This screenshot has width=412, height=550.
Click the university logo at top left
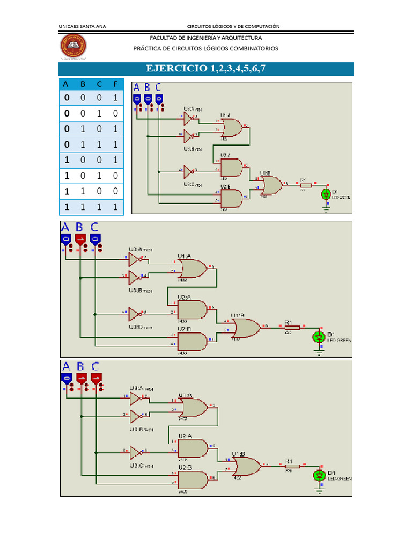75,47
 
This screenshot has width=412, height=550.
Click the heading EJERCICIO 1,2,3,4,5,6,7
205,69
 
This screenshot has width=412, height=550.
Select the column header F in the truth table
115,84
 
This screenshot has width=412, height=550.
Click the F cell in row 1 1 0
115,191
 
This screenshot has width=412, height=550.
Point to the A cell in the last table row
67,207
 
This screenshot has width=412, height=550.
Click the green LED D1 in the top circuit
325,194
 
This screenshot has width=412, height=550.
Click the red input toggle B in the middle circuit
80,240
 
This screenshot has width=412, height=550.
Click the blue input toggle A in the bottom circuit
66,378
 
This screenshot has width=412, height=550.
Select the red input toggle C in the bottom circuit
95,378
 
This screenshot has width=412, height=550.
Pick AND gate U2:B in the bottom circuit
192,479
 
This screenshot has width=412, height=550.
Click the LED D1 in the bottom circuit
320,475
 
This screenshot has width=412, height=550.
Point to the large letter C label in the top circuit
158,88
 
